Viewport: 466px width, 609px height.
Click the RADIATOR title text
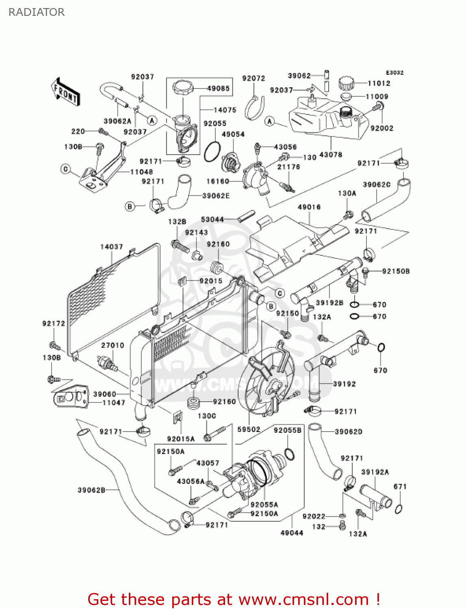click(36, 12)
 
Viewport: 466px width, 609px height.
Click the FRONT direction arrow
click(65, 92)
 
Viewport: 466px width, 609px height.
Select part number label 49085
click(218, 88)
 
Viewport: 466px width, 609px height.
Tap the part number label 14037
click(111, 247)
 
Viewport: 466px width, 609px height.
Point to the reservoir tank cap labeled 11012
click(346, 83)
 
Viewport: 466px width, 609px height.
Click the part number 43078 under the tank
click(331, 155)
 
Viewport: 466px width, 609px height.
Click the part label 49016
click(309, 207)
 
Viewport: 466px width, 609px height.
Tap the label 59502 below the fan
click(249, 429)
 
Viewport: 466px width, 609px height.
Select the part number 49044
click(292, 533)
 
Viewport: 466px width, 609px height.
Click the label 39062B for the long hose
click(91, 490)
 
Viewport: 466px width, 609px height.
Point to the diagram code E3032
click(394, 73)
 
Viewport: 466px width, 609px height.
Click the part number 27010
click(113, 345)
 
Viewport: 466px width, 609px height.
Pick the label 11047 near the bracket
click(114, 402)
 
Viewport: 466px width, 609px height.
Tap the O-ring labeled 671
click(399, 509)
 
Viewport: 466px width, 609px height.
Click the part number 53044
click(212, 219)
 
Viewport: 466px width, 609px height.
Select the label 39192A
click(375, 472)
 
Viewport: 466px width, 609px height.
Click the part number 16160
click(218, 181)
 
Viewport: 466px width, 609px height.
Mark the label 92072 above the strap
click(254, 78)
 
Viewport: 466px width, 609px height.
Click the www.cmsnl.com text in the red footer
click(303, 599)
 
